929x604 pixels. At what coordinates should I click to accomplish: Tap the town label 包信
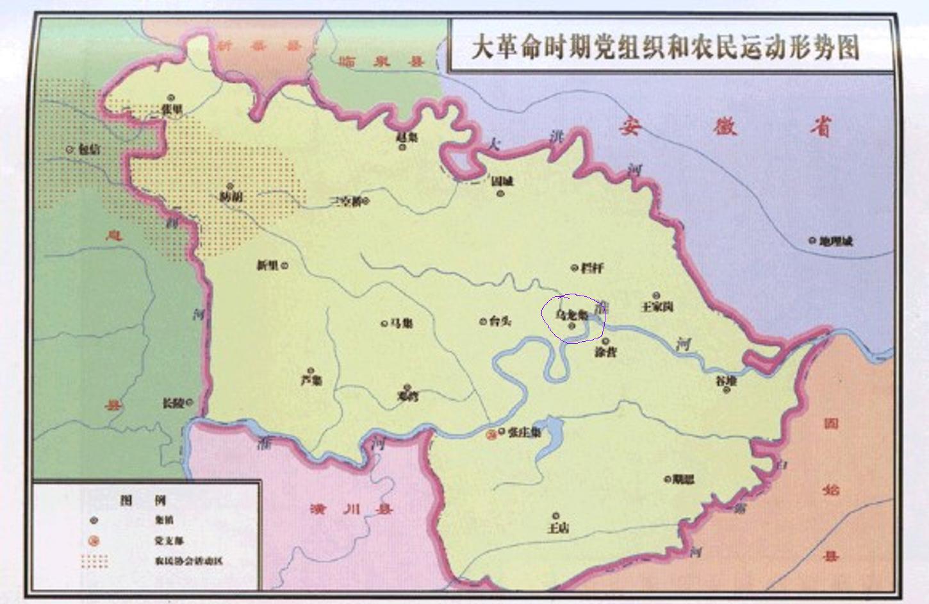click(90, 149)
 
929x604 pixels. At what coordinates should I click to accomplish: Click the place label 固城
click(503, 181)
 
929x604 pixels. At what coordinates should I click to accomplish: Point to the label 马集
click(402, 323)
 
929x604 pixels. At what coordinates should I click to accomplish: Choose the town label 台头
click(500, 321)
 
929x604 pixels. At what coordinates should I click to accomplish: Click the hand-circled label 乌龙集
click(571, 315)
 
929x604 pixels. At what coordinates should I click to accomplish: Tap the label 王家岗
click(657, 306)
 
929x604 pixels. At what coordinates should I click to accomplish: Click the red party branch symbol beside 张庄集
click(491, 434)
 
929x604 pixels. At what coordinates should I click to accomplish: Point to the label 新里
click(267, 265)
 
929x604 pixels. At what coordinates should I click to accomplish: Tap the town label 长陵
click(173, 403)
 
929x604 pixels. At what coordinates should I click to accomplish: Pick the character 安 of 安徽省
click(630, 126)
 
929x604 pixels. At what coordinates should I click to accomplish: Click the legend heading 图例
click(143, 500)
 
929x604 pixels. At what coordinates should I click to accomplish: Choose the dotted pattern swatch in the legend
click(94, 561)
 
